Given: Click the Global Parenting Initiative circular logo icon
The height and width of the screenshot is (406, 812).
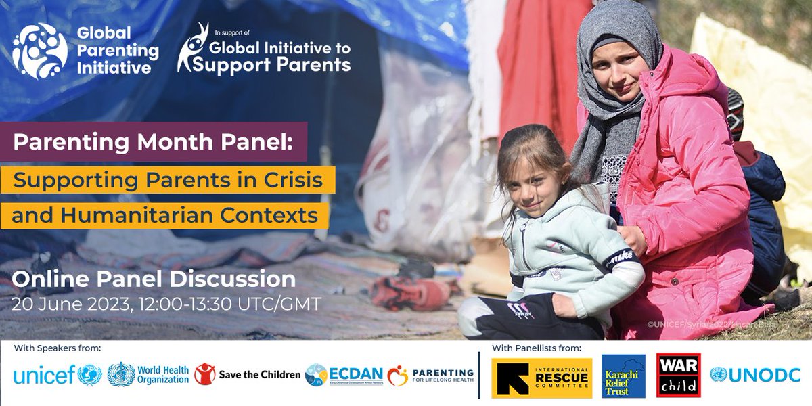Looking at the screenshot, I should point(39,51).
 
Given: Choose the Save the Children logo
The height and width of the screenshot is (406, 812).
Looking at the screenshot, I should point(247,374).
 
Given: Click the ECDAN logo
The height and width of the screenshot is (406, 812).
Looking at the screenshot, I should point(344,374).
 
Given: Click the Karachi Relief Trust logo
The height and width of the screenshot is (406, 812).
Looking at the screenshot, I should point(623,375).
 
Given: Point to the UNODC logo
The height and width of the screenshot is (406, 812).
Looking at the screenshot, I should point(754,375).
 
